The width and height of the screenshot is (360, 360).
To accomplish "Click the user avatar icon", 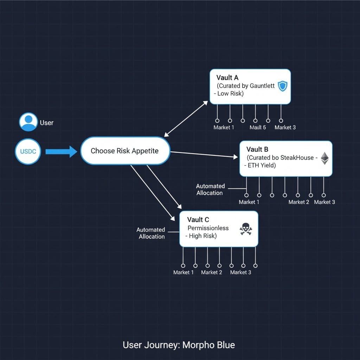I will pyautogui.click(x=28, y=122).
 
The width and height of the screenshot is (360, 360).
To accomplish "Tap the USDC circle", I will pyautogui.click(x=28, y=152).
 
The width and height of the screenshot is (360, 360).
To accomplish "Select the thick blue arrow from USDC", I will pyautogui.click(x=61, y=152).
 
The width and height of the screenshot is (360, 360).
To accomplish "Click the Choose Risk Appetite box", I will pyautogui.click(x=125, y=151).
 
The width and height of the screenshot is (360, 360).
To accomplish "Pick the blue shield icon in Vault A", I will pyautogui.click(x=282, y=86).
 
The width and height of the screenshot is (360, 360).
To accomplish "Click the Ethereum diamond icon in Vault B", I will pyautogui.click(x=324, y=158).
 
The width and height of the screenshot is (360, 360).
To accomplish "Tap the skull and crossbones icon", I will pyautogui.click(x=246, y=229).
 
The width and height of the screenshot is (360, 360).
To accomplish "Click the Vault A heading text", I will pyautogui.click(x=227, y=78).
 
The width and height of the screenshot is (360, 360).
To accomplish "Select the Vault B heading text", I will pyautogui.click(x=257, y=149).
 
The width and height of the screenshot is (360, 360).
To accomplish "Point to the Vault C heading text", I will pyautogui.click(x=198, y=220).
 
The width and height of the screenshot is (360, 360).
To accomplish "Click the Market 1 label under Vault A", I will pyautogui.click(x=224, y=127).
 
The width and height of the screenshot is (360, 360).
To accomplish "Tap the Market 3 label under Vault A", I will pyautogui.click(x=285, y=127).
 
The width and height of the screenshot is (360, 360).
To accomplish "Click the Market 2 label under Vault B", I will pyautogui.click(x=299, y=202).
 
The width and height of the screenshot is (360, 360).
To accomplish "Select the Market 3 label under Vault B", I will pyautogui.click(x=324, y=202).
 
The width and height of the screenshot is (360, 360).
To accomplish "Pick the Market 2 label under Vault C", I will pyautogui.click(x=212, y=272).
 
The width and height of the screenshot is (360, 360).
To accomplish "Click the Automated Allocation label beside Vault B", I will pyautogui.click(x=210, y=189).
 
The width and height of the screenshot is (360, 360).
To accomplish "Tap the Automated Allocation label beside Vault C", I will pyautogui.click(x=151, y=233).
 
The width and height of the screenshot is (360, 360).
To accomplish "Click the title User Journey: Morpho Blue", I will pyautogui.click(x=179, y=345).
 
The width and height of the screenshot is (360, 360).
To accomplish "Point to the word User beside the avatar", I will pyautogui.click(x=47, y=123).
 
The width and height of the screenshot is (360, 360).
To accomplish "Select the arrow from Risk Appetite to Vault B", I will pyautogui.click(x=204, y=155).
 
